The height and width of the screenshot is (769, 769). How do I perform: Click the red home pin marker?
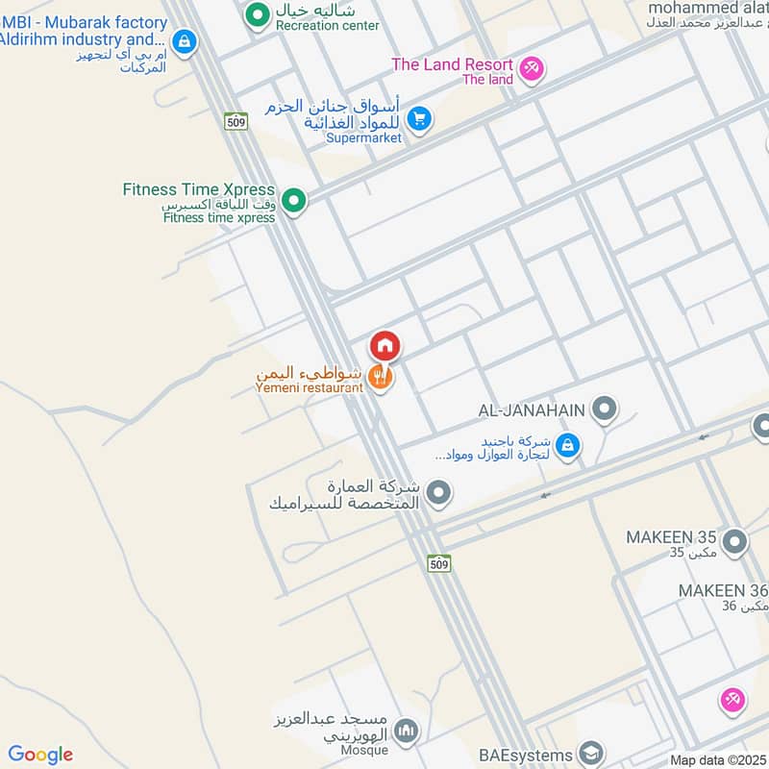click(384, 346)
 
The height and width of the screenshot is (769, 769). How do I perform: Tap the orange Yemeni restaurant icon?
click(382, 378)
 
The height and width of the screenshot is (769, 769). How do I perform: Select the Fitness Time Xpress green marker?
click(295, 201)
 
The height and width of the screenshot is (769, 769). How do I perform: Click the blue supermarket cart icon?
click(418, 119)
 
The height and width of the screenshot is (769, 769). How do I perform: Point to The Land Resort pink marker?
click(532, 68)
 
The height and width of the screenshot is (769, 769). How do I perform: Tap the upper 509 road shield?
click(236, 121)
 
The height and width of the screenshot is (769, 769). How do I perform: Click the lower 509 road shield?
click(439, 563)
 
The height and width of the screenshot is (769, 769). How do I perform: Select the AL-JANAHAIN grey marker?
click(604, 409)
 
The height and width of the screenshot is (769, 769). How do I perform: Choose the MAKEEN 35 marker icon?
click(734, 543)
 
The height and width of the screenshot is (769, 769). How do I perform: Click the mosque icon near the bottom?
click(407, 732)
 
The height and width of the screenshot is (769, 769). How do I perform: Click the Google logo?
click(40, 755)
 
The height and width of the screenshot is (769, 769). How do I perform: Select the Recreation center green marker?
click(257, 14)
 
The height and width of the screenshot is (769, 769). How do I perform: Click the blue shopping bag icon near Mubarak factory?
click(185, 41)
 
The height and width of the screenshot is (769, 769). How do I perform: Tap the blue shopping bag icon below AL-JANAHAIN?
click(568, 445)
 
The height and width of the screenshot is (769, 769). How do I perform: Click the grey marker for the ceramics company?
click(439, 494)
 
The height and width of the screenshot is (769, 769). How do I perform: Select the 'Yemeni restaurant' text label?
click(310, 387)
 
